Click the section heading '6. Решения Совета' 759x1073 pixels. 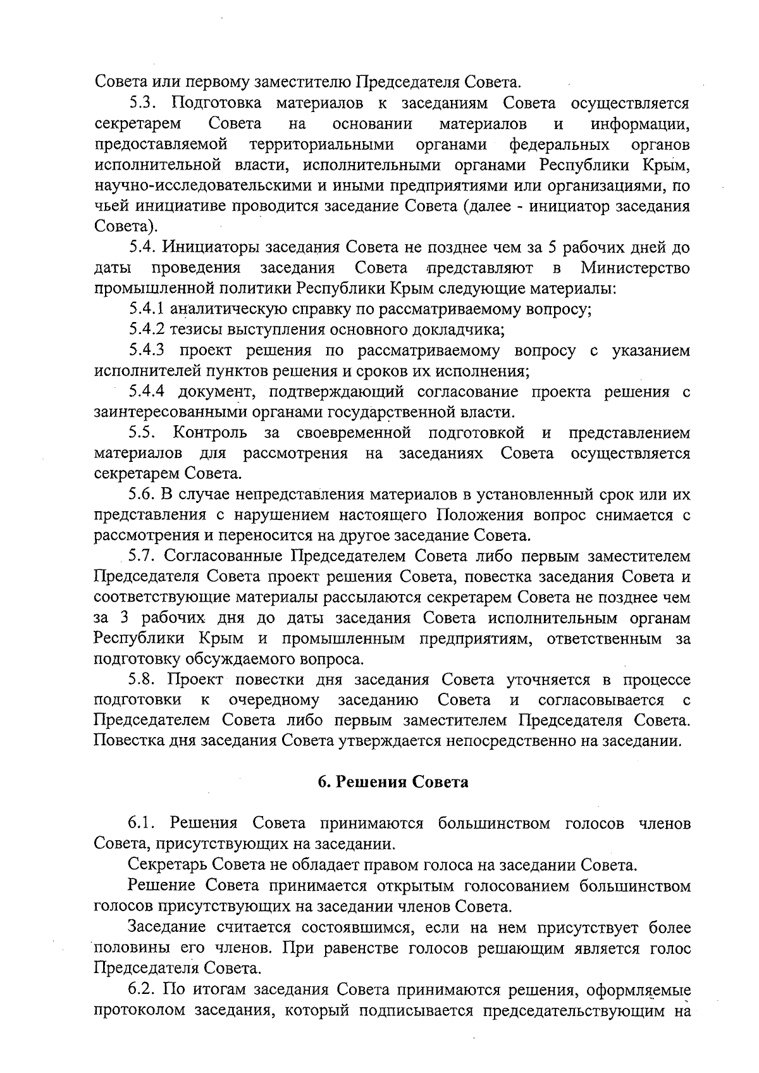pyautogui.click(x=393, y=782)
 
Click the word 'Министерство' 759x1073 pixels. pyautogui.click(x=635, y=268)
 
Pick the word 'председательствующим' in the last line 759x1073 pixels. pyautogui.click(x=566, y=1010)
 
